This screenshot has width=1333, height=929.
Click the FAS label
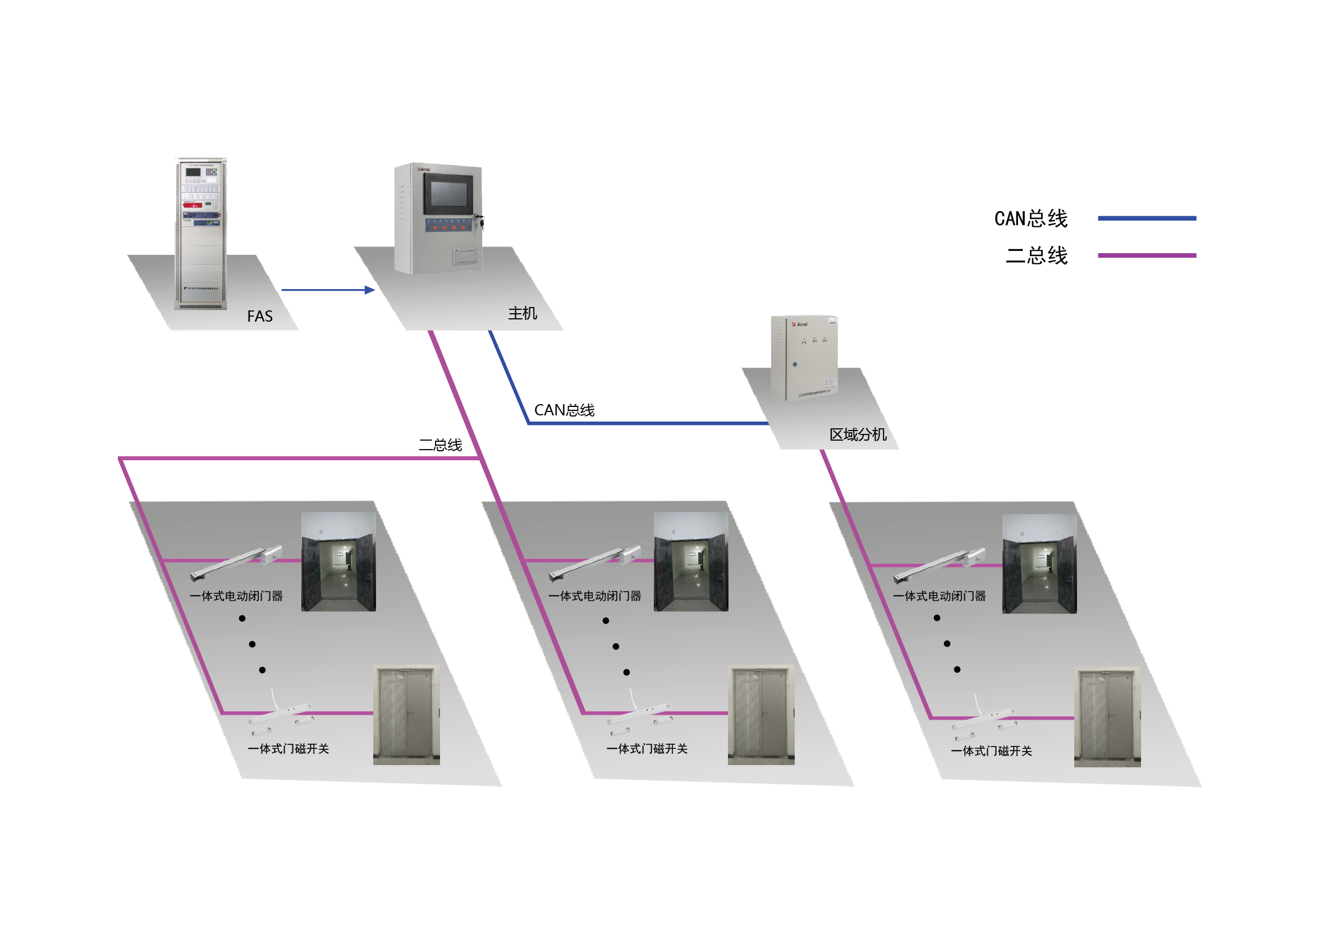[259, 317]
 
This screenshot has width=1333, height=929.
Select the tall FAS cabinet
[201, 232]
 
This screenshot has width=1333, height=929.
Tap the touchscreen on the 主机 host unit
[448, 195]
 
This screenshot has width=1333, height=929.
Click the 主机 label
[523, 314]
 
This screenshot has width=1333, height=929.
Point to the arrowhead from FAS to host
[370, 290]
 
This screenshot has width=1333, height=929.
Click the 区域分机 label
[858, 435]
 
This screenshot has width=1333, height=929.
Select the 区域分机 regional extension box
[804, 357]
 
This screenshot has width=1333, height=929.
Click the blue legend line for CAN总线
[1147, 218]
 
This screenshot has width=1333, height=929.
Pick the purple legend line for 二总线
[1147, 255]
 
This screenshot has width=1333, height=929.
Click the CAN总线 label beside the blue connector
[564, 410]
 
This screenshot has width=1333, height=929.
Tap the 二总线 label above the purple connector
[441, 445]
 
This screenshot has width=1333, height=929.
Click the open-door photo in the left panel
[338, 561]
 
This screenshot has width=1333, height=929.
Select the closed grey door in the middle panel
[761, 714]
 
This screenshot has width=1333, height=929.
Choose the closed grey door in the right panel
[1107, 717]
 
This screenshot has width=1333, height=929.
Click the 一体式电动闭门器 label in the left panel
[236, 596]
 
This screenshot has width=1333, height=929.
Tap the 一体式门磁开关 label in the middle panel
[647, 749]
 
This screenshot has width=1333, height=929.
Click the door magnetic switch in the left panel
[282, 717]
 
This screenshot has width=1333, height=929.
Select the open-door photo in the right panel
[1039, 563]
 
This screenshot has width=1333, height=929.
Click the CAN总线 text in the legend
[1030, 219]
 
